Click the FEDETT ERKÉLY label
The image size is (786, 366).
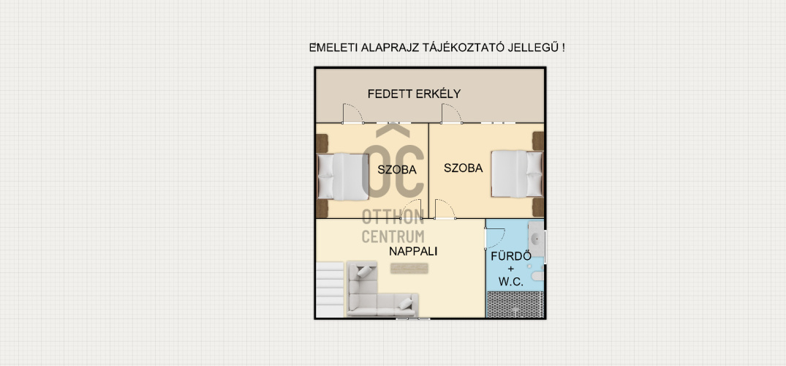(x=414, y=94)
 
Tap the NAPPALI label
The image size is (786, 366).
(x=413, y=252)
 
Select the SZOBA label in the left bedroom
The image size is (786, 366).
(x=397, y=170)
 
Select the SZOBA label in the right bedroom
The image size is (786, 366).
(x=463, y=168)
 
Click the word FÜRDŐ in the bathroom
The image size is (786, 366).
(x=511, y=256)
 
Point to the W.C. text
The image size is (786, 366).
(x=511, y=282)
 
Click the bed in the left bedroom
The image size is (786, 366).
(x=343, y=176)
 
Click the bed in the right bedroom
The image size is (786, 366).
(x=517, y=173)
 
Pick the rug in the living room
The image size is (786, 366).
(x=409, y=269)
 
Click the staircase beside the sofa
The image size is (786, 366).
(x=330, y=290)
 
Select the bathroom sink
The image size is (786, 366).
(x=537, y=239)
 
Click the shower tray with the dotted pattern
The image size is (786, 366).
(x=515, y=305)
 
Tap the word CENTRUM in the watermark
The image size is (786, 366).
(x=393, y=236)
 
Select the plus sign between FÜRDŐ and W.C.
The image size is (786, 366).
(x=511, y=269)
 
